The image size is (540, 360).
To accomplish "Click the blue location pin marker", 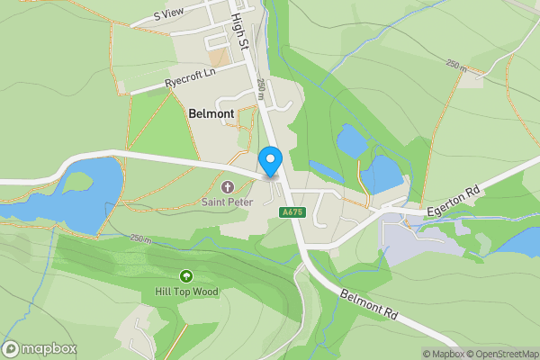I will tap(270, 162).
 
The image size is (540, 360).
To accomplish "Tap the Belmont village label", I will tap(211, 114).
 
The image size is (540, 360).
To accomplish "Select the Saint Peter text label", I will tap(227, 202).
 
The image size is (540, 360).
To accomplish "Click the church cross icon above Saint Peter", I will tap(227, 187).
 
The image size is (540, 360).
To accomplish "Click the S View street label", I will tap(168, 14).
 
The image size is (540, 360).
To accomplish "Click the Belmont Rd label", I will tap(369, 303).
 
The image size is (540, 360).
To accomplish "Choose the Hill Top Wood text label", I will tap(186, 292).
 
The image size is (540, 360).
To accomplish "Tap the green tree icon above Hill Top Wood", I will tap(186, 275).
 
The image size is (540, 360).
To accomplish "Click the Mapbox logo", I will tap(40, 349).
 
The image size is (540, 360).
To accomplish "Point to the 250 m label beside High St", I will tap(260, 88).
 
